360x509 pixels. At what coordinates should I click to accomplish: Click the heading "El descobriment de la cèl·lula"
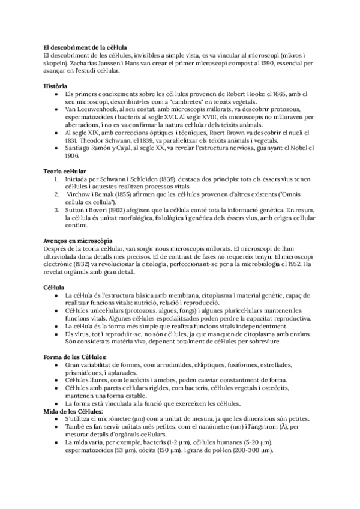[x=89, y=47]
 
